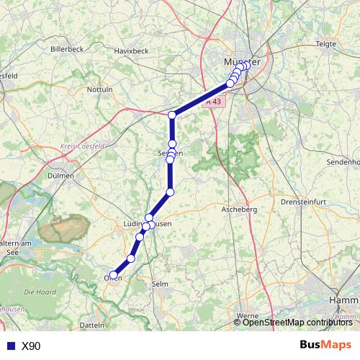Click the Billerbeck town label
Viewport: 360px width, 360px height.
point(67,49)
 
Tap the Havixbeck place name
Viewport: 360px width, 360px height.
point(130,50)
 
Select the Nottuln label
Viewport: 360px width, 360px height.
point(99,89)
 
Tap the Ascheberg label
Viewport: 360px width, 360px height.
point(239,208)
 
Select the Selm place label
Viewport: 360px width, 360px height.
point(160,284)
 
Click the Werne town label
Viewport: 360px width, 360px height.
point(247,315)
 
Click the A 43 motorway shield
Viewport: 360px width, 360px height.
point(215,102)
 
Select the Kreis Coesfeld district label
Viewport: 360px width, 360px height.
point(82,146)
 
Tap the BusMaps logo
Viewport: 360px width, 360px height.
point(325,345)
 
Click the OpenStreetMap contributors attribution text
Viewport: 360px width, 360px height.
point(297,323)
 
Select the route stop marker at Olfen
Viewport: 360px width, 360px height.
point(114,275)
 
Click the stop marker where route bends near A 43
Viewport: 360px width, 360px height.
point(172,115)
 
